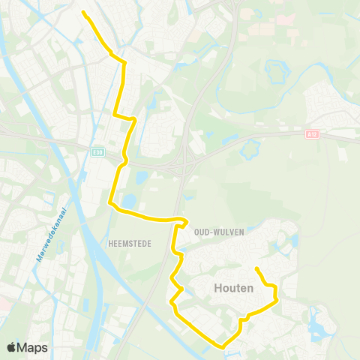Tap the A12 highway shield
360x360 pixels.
coord(311,134)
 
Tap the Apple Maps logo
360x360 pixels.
coord(27,347)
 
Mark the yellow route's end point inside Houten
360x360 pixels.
coord(256,268)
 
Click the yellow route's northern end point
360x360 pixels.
coord(82,12)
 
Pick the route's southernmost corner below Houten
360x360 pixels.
coord(220,346)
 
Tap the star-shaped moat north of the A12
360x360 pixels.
coord(275,72)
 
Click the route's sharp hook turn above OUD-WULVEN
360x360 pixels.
coord(184,221)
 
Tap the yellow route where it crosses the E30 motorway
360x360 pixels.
coord(123,160)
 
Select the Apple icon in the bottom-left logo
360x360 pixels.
coord(11,347)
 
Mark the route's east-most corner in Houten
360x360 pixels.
coord(277,299)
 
